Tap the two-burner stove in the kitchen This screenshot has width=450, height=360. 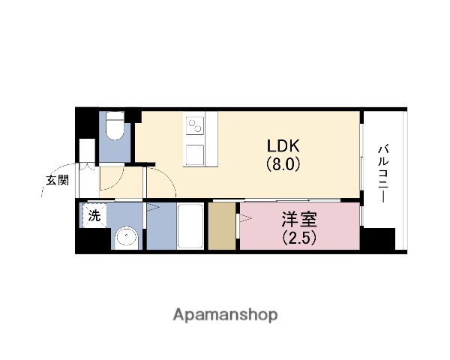coord(195,124)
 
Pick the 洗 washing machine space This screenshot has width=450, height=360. coord(94,215)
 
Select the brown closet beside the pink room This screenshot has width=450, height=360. coord(223,226)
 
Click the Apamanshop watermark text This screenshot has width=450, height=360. coord(225,314)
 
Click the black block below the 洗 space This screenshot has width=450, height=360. coord(94,240)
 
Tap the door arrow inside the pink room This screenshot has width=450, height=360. coord(245,218)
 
